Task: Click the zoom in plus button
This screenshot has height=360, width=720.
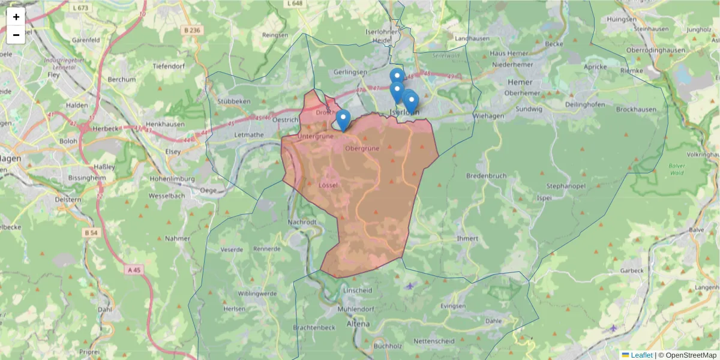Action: tap(16, 17)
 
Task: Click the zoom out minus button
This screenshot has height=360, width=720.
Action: tap(16, 35)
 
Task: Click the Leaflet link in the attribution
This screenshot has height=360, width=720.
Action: tap(641, 355)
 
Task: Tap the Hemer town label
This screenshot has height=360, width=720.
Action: tap(520, 82)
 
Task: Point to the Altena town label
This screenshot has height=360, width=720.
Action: tap(359, 324)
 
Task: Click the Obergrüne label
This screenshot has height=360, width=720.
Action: tap(362, 148)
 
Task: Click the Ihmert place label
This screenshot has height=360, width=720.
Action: tap(467, 238)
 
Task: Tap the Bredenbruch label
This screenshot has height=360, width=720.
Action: tap(486, 176)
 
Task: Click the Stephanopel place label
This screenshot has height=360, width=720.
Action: tap(565, 186)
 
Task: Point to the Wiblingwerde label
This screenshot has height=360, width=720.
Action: tap(257, 293)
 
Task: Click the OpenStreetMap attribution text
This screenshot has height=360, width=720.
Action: tap(691, 355)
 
